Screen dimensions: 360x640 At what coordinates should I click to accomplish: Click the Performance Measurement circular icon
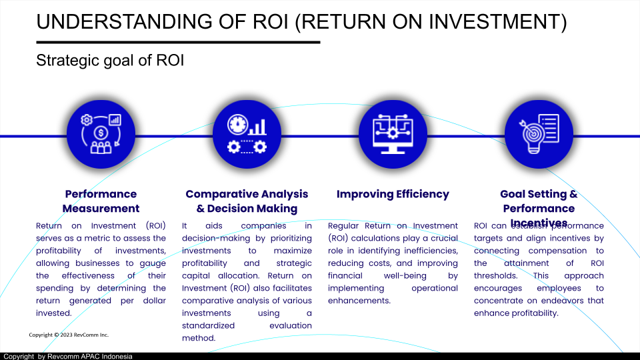click(x=101, y=136)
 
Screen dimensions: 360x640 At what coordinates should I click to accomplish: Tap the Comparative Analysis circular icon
click(x=247, y=136)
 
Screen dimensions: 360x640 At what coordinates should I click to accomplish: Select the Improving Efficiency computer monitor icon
click(x=393, y=136)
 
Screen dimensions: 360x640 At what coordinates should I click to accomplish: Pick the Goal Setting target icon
click(x=539, y=136)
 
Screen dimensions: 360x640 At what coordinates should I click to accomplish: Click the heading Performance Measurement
click(x=101, y=201)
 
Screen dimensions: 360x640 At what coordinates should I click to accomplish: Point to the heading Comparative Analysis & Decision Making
click(x=247, y=201)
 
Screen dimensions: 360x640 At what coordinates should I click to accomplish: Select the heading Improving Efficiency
click(x=393, y=194)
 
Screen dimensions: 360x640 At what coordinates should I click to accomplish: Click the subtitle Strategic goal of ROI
click(x=110, y=61)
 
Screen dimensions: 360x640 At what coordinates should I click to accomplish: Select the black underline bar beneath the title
click(x=178, y=42)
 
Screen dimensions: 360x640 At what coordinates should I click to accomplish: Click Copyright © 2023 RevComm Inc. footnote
click(x=69, y=335)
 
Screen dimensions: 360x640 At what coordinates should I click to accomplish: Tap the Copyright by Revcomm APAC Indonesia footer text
click(x=67, y=356)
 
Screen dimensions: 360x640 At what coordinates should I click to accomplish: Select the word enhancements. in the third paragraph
click(x=359, y=301)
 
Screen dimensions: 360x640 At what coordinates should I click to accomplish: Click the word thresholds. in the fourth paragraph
click(x=495, y=275)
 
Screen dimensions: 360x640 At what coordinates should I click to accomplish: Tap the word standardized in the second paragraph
click(x=208, y=325)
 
